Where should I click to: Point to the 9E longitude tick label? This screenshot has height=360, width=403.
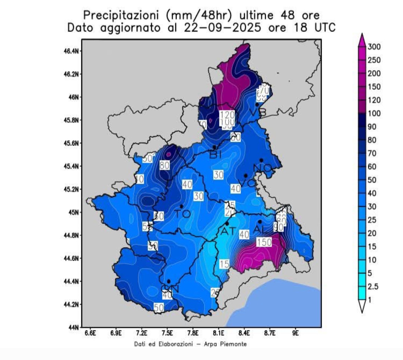coord(295,332)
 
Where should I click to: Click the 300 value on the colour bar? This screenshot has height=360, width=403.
coord(374,47)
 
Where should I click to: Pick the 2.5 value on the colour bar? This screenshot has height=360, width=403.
coord(372,286)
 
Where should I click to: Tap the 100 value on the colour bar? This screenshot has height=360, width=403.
coord(374,114)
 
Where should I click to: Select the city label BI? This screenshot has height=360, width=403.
coord(215,154)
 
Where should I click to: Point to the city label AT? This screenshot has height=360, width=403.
coord(228,232)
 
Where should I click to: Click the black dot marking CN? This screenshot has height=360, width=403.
coord(169,281)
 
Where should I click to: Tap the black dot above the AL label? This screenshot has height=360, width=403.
coord(260,221)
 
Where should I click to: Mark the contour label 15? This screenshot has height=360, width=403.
coord(224,264)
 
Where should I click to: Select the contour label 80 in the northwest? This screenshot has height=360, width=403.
coord(165,165)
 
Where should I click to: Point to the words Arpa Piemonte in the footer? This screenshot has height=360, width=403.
coord(228,344)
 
